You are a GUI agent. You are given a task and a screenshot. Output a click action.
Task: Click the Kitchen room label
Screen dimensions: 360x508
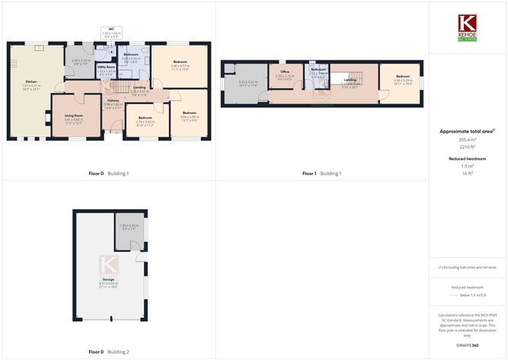click(x=31, y=81)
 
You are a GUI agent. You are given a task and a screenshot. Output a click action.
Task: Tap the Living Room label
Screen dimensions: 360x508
click(x=73, y=116)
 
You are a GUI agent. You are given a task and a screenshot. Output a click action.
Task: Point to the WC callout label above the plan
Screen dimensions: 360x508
click(x=111, y=30)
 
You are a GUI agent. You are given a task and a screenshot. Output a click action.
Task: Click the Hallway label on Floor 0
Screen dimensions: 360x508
click(x=113, y=100)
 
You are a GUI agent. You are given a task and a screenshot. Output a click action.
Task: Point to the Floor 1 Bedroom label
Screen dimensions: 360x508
click(x=402, y=76)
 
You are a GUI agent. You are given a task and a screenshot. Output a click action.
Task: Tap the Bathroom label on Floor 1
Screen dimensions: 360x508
click(x=318, y=70)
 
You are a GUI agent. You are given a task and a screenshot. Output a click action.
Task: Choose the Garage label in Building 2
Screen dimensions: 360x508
click(x=107, y=279)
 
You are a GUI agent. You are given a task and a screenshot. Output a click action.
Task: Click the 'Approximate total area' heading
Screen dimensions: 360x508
click(x=468, y=132)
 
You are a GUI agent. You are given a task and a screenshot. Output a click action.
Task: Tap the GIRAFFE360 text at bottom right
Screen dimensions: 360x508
click(x=468, y=346)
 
